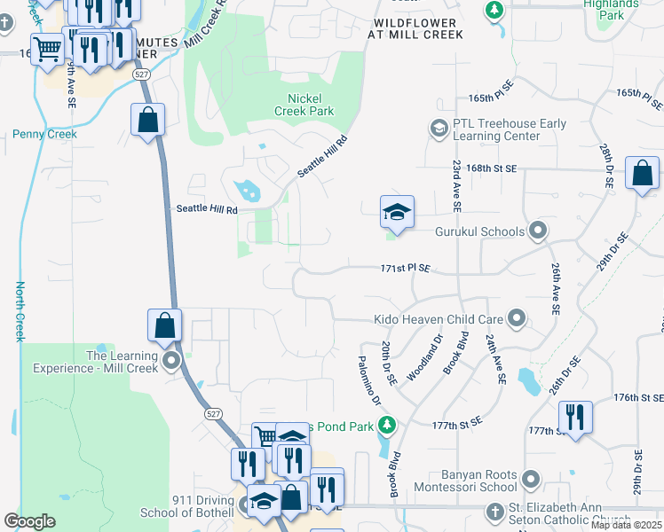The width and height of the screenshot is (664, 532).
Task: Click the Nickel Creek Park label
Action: (x=311, y=105)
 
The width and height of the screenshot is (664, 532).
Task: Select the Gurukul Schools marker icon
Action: (x=537, y=231)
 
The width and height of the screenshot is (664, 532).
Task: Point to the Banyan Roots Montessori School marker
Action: (x=532, y=480)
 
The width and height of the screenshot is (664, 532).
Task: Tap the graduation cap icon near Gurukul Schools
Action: (x=397, y=212)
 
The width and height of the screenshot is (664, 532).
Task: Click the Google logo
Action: (x=29, y=521)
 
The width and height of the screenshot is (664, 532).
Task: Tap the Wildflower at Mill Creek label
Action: (x=415, y=28)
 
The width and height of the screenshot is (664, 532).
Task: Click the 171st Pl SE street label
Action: (x=406, y=268)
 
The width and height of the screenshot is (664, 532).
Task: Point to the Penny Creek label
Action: (x=44, y=135)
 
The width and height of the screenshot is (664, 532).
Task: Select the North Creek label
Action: (x=20, y=311)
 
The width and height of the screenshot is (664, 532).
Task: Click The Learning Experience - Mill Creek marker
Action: (x=171, y=361)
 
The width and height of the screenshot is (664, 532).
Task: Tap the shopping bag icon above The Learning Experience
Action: (x=165, y=325)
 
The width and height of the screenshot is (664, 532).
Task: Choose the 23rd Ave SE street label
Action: (x=456, y=186)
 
